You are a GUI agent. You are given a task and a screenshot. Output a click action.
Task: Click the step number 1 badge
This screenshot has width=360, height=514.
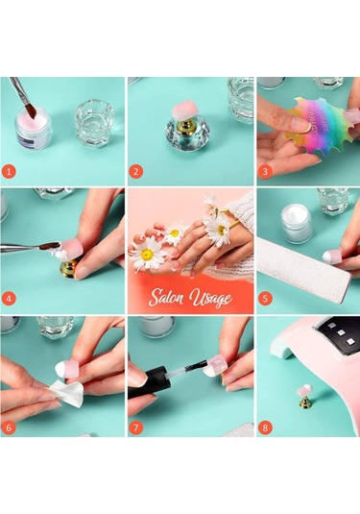(x=9, y=171)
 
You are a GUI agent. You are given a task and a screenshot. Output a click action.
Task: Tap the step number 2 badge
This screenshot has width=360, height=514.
(x=136, y=171)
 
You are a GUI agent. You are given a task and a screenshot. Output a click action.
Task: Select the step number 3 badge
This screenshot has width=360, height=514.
(x=265, y=171)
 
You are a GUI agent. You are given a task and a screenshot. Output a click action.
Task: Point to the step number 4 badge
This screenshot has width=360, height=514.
(x=9, y=299)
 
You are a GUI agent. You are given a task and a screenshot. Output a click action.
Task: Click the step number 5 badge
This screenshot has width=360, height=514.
(x=265, y=299)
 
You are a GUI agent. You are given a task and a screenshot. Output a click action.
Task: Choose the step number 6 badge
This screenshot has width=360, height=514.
(x=9, y=428)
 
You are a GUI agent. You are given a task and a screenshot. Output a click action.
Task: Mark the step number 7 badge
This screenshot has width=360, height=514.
(x=136, y=428)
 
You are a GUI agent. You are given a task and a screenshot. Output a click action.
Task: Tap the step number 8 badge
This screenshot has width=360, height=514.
(x=265, y=428)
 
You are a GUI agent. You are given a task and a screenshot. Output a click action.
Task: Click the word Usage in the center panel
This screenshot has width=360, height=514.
(x=210, y=298)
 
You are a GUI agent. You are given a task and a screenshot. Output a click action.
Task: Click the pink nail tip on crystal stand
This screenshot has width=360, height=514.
(x=186, y=110)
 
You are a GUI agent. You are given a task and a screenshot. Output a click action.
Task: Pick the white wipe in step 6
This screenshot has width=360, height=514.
(x=69, y=391)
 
